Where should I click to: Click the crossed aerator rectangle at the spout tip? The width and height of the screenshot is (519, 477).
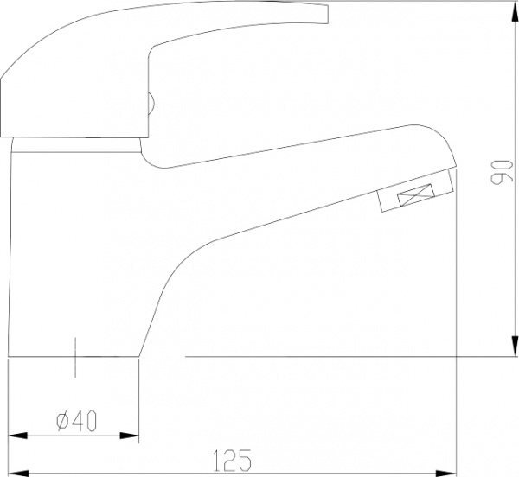416,198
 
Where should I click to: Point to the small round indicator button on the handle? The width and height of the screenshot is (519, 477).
151,105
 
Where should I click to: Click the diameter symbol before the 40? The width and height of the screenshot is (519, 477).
61,421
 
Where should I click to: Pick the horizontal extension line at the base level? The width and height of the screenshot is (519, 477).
346,356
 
